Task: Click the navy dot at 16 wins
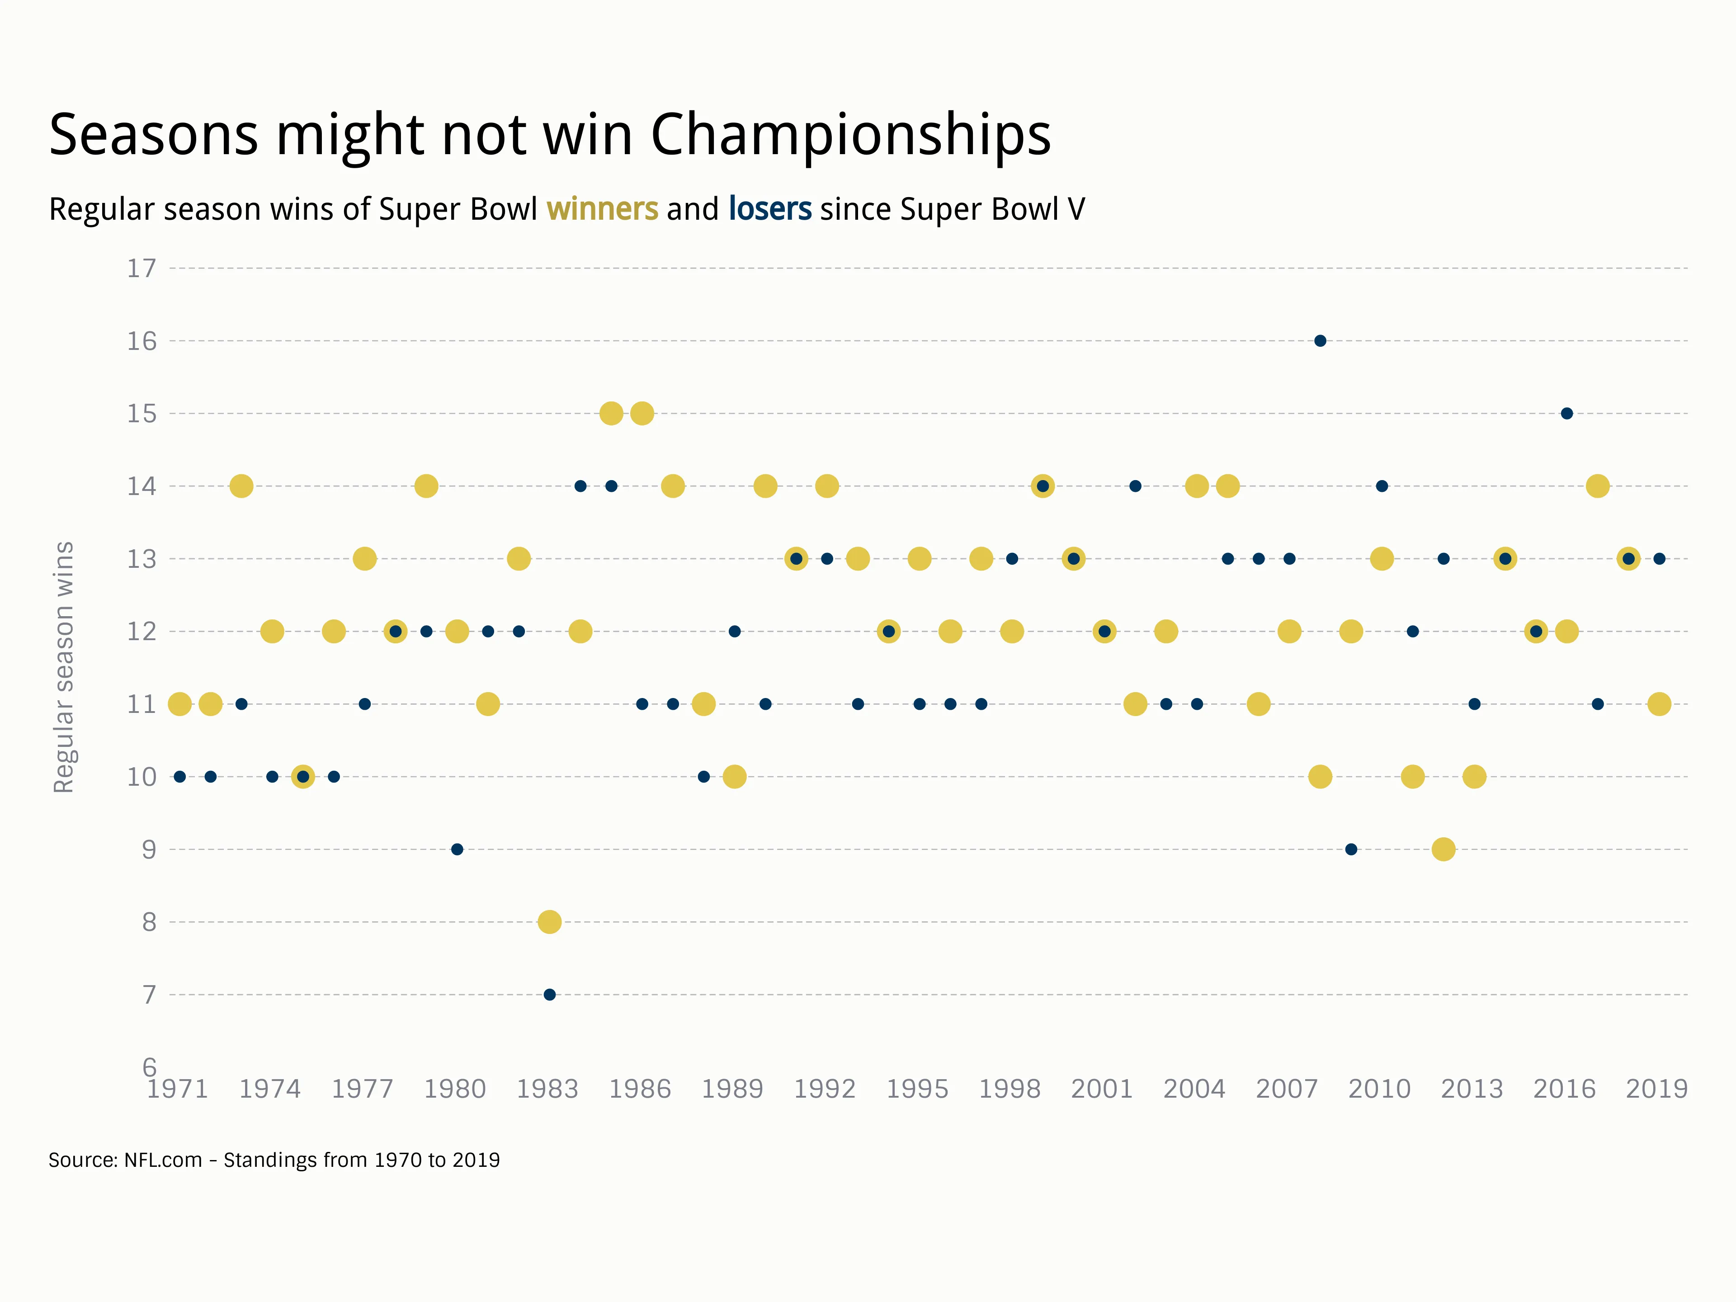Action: click(x=1320, y=340)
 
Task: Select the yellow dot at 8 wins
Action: click(x=549, y=921)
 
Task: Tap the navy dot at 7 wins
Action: click(x=549, y=994)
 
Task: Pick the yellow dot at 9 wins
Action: click(x=1443, y=849)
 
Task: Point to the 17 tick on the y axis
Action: click(x=142, y=269)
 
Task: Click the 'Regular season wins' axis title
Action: click(x=64, y=667)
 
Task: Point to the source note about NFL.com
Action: click(x=274, y=1160)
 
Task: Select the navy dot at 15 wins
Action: click(x=1566, y=414)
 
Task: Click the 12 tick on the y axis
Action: click(x=142, y=632)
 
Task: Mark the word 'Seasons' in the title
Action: click(x=154, y=135)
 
